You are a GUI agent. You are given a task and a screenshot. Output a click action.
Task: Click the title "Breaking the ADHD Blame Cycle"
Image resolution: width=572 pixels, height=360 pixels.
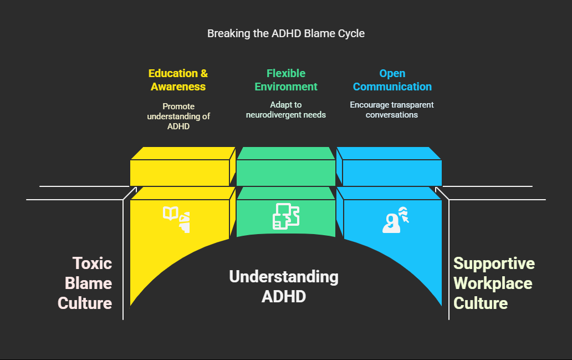tap(286, 33)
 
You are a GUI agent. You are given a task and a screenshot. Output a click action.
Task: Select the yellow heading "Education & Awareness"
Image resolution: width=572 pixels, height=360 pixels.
tap(178, 80)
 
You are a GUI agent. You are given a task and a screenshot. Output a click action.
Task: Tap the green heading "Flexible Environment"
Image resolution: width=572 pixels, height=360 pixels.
tap(286, 80)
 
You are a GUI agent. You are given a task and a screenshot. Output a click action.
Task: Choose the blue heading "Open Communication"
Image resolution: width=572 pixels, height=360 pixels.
tap(392, 80)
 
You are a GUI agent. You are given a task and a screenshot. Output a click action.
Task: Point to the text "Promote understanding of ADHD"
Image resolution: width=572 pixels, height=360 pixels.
tap(178, 115)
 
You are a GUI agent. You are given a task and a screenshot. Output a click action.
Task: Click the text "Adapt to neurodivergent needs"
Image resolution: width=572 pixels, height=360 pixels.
tap(286, 110)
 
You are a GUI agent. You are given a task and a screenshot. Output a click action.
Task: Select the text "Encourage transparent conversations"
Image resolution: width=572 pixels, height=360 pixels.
tap(392, 110)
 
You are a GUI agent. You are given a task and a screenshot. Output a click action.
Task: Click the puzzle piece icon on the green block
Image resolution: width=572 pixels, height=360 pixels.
tap(286, 216)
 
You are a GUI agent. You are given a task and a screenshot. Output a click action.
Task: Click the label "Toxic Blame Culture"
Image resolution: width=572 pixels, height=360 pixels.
tap(86, 283)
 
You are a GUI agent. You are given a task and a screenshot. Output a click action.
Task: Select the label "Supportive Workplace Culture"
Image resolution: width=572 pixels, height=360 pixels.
tap(493, 283)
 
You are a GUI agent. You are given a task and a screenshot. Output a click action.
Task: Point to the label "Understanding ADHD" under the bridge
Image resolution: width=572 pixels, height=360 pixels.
tap(284, 286)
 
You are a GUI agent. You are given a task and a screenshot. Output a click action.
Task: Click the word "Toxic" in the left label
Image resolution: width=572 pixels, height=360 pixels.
tap(92, 263)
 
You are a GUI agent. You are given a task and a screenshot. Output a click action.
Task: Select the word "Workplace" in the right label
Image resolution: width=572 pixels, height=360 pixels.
tap(493, 283)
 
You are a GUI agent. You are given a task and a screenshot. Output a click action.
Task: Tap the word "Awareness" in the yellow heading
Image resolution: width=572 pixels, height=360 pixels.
tap(178, 87)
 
